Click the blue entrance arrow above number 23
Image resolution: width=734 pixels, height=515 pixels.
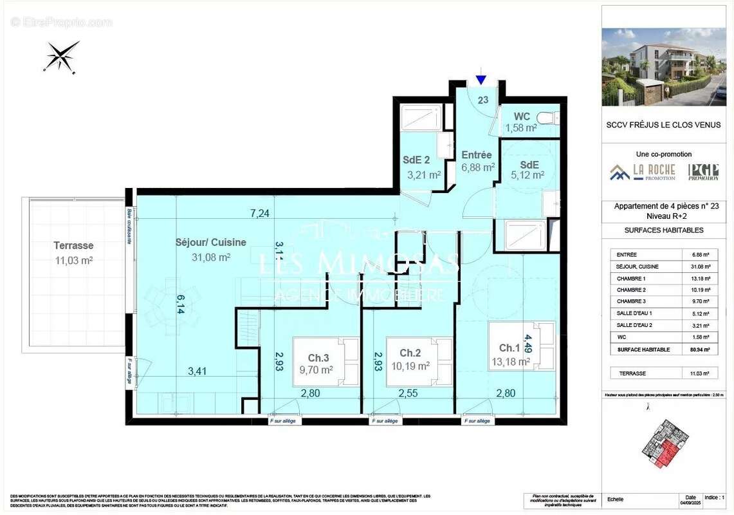pos(481,80)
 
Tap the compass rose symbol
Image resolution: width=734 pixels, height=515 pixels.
pos(61,56)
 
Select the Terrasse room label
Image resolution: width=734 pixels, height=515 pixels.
pos(73,245)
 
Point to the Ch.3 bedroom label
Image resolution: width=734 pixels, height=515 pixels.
pos(318,358)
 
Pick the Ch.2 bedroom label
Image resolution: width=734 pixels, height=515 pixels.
pos(410,353)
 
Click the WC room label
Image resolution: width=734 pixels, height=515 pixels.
pos(522,117)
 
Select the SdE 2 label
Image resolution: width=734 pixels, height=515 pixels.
pos(417,160)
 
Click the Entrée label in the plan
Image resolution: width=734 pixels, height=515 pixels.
pos(477,155)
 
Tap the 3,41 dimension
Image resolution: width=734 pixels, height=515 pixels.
pos(198,371)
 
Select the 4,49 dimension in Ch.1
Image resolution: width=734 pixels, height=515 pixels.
pos(528,345)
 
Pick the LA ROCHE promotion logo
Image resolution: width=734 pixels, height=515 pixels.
pos(643,172)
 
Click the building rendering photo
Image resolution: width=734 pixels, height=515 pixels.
pos(663,66)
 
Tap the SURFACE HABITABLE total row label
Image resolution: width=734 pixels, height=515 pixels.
pos(643,350)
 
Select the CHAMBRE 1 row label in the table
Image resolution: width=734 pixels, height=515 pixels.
pos(630,279)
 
